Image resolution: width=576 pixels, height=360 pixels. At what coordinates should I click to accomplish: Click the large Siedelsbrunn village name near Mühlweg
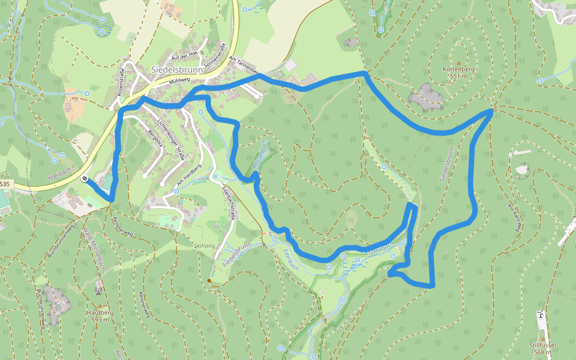coord(177,69)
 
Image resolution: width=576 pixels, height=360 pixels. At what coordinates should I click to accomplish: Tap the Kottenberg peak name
coord(458,70)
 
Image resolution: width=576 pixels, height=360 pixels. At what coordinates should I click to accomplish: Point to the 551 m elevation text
coord(458,77)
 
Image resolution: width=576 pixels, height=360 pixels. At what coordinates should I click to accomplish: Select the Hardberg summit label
coord(100,313)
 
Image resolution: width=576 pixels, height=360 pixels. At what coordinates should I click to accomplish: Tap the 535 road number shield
coord(5,184)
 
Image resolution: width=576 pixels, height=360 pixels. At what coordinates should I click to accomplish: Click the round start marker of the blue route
coord(86,178)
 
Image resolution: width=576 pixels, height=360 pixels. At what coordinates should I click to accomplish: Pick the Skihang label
coord(204,245)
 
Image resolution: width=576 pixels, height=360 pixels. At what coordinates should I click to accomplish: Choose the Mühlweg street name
coord(179,80)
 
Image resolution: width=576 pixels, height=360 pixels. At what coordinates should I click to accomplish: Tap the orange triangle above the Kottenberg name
coord(459,62)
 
